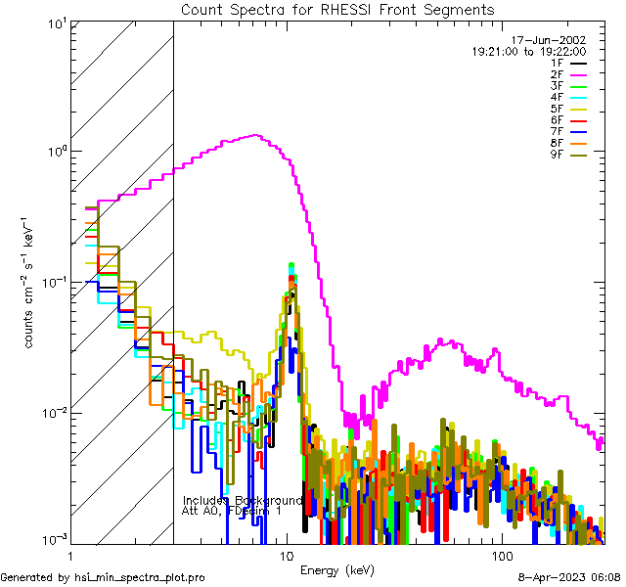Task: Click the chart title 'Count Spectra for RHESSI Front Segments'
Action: tap(337, 9)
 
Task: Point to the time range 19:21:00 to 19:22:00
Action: tap(528, 51)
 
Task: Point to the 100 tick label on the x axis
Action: tap(501, 556)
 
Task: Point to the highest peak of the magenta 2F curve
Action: tap(256, 135)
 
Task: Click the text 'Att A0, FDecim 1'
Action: tap(232, 511)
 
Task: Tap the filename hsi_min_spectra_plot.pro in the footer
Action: tap(140, 578)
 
